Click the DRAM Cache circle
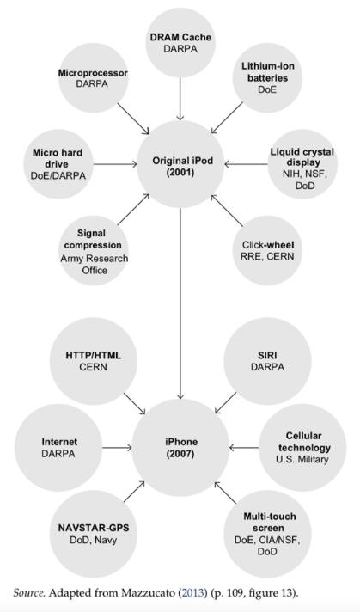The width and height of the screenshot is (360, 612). pyautogui.click(x=180, y=43)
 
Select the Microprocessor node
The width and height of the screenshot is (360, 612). pyautogui.click(x=93, y=78)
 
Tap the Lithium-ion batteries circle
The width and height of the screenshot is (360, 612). pyautogui.click(x=267, y=78)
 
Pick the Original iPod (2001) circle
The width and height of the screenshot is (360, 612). pyautogui.click(x=180, y=164)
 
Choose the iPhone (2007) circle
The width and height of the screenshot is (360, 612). pyautogui.click(x=180, y=447)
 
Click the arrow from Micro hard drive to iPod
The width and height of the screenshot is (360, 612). pyautogui.click(x=115, y=164)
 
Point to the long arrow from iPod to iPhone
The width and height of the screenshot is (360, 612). pyautogui.click(x=180, y=303)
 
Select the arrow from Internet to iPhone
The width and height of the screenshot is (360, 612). pyautogui.click(x=117, y=447)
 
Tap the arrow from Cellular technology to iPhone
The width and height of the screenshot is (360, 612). pyautogui.click(x=244, y=447)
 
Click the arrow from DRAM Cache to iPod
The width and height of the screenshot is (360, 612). pyautogui.click(x=180, y=99)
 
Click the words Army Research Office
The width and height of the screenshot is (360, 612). pyautogui.click(x=94, y=264)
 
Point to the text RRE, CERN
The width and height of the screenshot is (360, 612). pyautogui.click(x=267, y=256)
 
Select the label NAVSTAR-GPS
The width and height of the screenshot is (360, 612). pyautogui.click(x=94, y=528)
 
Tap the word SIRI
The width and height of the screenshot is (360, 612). pyautogui.click(x=267, y=355)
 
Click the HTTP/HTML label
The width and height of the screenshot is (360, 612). pyautogui.click(x=93, y=355)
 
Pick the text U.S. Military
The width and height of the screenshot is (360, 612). pyautogui.click(x=302, y=459)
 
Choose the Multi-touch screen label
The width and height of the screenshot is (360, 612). pyautogui.click(x=270, y=523)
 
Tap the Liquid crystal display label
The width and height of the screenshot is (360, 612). pyautogui.click(x=302, y=156)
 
